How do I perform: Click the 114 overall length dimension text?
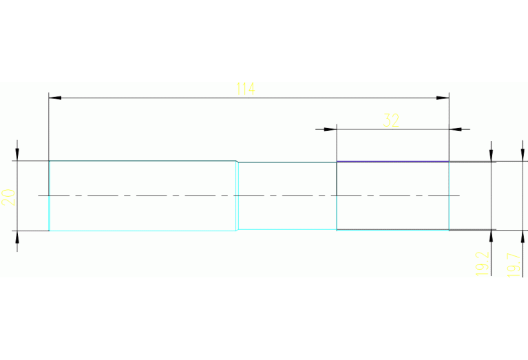point(246,89)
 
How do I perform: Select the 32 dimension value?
point(391,120)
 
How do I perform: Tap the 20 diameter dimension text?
point(9,197)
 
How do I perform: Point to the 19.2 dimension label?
point(482,264)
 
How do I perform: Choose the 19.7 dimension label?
point(513,265)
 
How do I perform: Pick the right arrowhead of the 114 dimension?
point(443,98)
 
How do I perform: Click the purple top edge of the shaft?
point(392,162)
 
